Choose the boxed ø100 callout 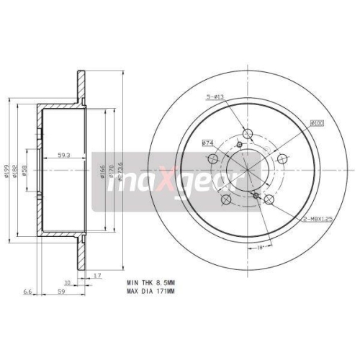pos(317,123)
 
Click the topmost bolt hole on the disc pos(249,132)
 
